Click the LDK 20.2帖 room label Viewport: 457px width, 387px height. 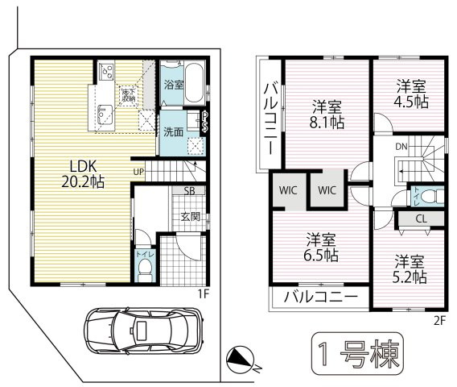pyautogui.click(x=79, y=172)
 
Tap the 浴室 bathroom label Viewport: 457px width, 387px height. pyautogui.click(x=174, y=83)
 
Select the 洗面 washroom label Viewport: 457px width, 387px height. pyautogui.click(x=174, y=131)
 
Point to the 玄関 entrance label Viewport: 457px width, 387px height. pyautogui.click(x=191, y=216)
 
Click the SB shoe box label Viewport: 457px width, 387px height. pyautogui.click(x=188, y=191)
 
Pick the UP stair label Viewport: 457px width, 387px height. pyautogui.click(x=139, y=172)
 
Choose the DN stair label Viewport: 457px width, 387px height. pyautogui.click(x=400, y=147)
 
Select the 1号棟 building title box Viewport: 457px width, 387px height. pyautogui.click(x=355, y=354)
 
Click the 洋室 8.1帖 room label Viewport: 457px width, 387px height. pyautogui.click(x=327, y=114)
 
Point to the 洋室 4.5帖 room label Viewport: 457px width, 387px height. pyautogui.click(x=410, y=94)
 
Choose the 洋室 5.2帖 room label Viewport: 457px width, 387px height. pyautogui.click(x=410, y=268)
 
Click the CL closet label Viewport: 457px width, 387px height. pyautogui.click(x=421, y=217)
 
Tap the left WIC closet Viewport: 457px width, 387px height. pyautogui.click(x=287, y=190)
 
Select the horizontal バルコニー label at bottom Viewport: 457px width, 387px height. pyautogui.click(x=320, y=296)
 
